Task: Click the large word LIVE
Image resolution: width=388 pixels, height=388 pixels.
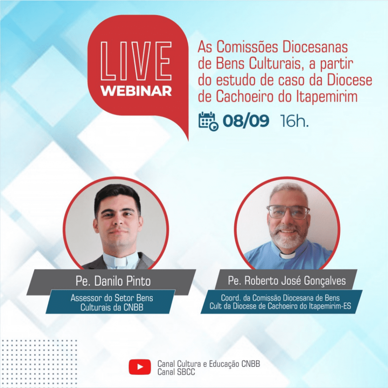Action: tap(136, 61)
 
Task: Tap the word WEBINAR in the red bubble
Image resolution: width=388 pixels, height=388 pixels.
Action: tap(136, 91)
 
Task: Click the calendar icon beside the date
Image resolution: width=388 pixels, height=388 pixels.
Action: tap(208, 121)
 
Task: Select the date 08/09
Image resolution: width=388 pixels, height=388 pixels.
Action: tap(246, 121)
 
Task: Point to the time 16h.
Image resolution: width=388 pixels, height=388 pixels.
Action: tap(294, 121)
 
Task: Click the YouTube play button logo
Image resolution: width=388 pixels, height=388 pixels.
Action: tap(139, 367)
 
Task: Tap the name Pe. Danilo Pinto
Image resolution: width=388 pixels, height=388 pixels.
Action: tap(113, 282)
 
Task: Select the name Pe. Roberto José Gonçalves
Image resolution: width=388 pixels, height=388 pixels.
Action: tap(287, 281)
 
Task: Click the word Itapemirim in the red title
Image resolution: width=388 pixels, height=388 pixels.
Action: tap(327, 97)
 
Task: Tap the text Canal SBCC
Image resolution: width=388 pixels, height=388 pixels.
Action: tap(176, 372)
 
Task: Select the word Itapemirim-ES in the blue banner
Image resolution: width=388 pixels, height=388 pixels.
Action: tap(330, 306)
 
